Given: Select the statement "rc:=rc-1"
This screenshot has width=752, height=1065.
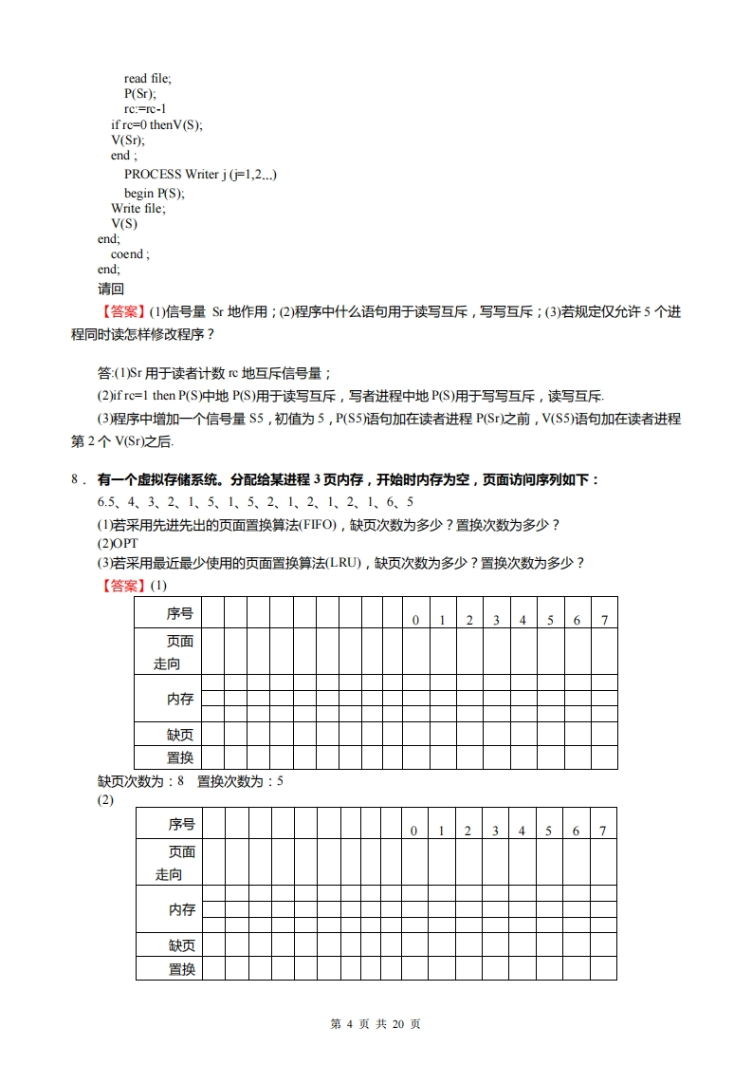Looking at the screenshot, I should point(145,109).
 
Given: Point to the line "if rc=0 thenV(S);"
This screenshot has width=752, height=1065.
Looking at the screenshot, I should point(156,124).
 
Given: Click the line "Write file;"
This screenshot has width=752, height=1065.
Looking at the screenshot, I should point(138,208).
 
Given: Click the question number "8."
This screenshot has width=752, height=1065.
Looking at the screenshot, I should point(79,481).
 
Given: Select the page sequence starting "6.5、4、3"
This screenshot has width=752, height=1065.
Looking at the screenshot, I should point(255,502).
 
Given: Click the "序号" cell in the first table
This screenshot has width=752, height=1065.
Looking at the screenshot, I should point(180,614).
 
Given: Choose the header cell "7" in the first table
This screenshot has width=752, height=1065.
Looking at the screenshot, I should point(604,620).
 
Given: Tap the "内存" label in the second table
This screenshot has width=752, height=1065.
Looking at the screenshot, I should point(182,909).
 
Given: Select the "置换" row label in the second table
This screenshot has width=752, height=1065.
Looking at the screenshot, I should point(182,969).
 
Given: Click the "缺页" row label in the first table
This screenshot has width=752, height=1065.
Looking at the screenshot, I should point(180,735).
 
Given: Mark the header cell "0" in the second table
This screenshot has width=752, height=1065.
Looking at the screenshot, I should point(413,831).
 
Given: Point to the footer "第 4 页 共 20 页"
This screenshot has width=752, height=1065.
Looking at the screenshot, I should point(376,1024).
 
